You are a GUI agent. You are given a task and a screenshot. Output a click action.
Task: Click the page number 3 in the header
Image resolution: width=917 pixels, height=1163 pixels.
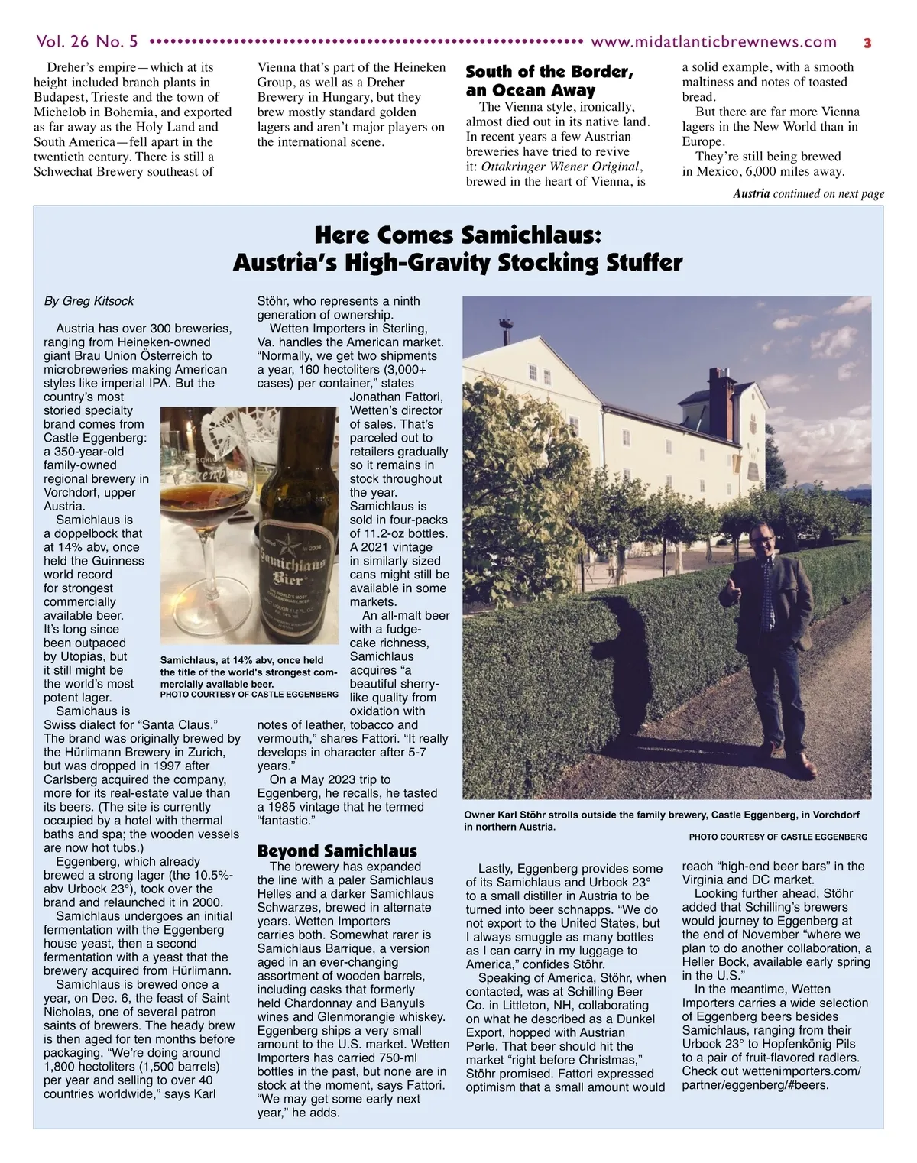point(867,43)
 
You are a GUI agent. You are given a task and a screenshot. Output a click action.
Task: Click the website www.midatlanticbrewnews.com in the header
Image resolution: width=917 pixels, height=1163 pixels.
point(714,42)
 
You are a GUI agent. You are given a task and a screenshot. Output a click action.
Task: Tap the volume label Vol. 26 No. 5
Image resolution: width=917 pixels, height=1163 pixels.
point(86,41)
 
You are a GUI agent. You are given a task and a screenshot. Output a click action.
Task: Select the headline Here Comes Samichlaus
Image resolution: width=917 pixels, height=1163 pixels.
point(458,235)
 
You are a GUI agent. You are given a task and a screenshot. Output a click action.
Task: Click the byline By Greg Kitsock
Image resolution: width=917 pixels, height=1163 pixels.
point(89,301)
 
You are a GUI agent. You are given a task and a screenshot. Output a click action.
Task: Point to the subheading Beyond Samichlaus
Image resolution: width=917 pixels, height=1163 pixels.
point(337,850)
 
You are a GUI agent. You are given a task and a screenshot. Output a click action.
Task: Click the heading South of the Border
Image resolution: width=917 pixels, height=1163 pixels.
point(549,72)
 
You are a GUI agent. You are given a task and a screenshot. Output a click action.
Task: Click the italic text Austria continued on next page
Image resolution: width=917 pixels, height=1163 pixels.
point(808,193)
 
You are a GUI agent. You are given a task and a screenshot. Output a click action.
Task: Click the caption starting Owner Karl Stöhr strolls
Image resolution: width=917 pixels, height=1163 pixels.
point(661,820)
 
